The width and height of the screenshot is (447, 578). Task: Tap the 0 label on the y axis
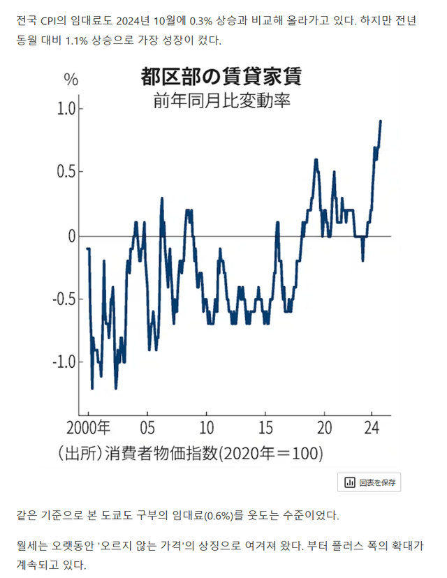click(71, 237)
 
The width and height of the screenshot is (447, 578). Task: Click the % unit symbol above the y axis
click(71, 79)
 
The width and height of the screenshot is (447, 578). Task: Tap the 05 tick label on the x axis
click(147, 427)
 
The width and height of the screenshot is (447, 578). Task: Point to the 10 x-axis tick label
click(207, 427)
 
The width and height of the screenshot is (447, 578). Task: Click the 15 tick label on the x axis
click(265, 427)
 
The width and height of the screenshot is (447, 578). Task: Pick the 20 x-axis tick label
click(325, 427)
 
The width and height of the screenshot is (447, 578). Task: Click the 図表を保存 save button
click(369, 482)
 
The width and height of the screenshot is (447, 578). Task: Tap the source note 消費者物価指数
click(159, 453)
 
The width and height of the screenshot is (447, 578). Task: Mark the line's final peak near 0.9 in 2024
click(381, 121)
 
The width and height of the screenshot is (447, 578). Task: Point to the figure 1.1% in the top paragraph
click(78, 40)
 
